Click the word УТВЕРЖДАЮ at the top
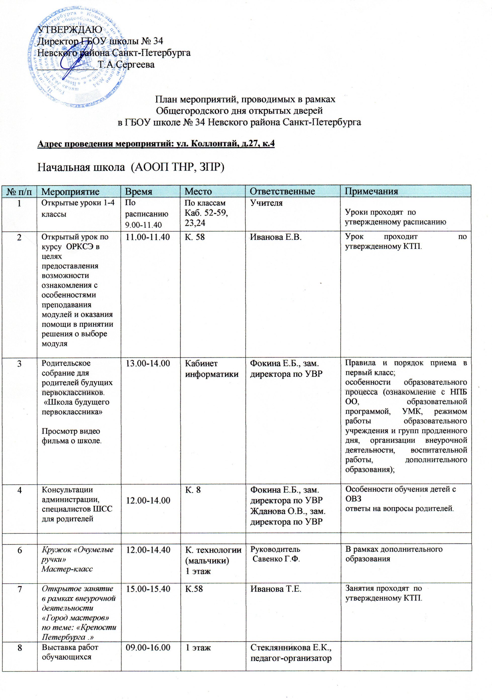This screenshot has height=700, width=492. [x=70, y=29]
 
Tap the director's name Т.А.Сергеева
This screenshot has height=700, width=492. [x=126, y=65]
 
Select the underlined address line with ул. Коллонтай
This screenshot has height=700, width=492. [x=156, y=144]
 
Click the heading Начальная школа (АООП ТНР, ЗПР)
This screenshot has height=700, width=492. [x=130, y=167]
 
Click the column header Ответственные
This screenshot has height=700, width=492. [x=282, y=192]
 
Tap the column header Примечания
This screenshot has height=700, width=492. [x=371, y=192]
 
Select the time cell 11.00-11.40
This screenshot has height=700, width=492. [x=148, y=237]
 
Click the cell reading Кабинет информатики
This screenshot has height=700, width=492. [x=212, y=369]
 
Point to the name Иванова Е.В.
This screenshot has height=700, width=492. [x=276, y=237]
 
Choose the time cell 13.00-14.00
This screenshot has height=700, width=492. [x=148, y=363]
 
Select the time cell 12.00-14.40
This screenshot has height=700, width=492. [x=148, y=550]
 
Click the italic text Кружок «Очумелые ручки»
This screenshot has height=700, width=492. [x=77, y=555]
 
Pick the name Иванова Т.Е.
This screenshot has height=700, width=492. [x=276, y=589]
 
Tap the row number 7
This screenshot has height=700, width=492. [x=19, y=589]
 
